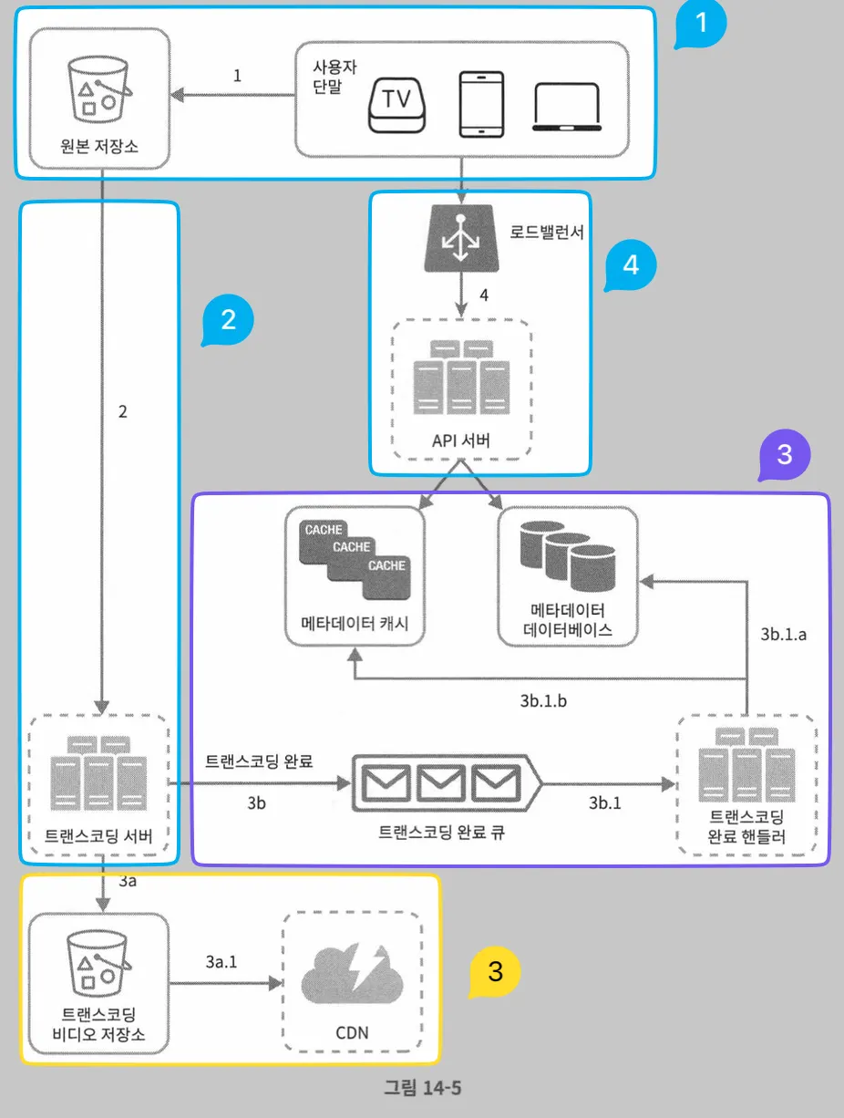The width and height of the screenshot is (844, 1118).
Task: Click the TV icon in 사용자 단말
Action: tap(396, 105)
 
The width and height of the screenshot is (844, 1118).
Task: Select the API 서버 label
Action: tap(461, 441)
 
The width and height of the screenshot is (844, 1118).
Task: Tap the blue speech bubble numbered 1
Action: tap(700, 26)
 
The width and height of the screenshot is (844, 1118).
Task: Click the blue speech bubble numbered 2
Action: tap(227, 321)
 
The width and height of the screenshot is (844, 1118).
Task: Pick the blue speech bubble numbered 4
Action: tap(630, 265)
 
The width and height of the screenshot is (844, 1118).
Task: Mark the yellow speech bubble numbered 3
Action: tap(495, 972)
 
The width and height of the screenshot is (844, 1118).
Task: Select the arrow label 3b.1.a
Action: tap(784, 635)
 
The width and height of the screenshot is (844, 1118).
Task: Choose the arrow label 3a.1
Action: tap(221, 962)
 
